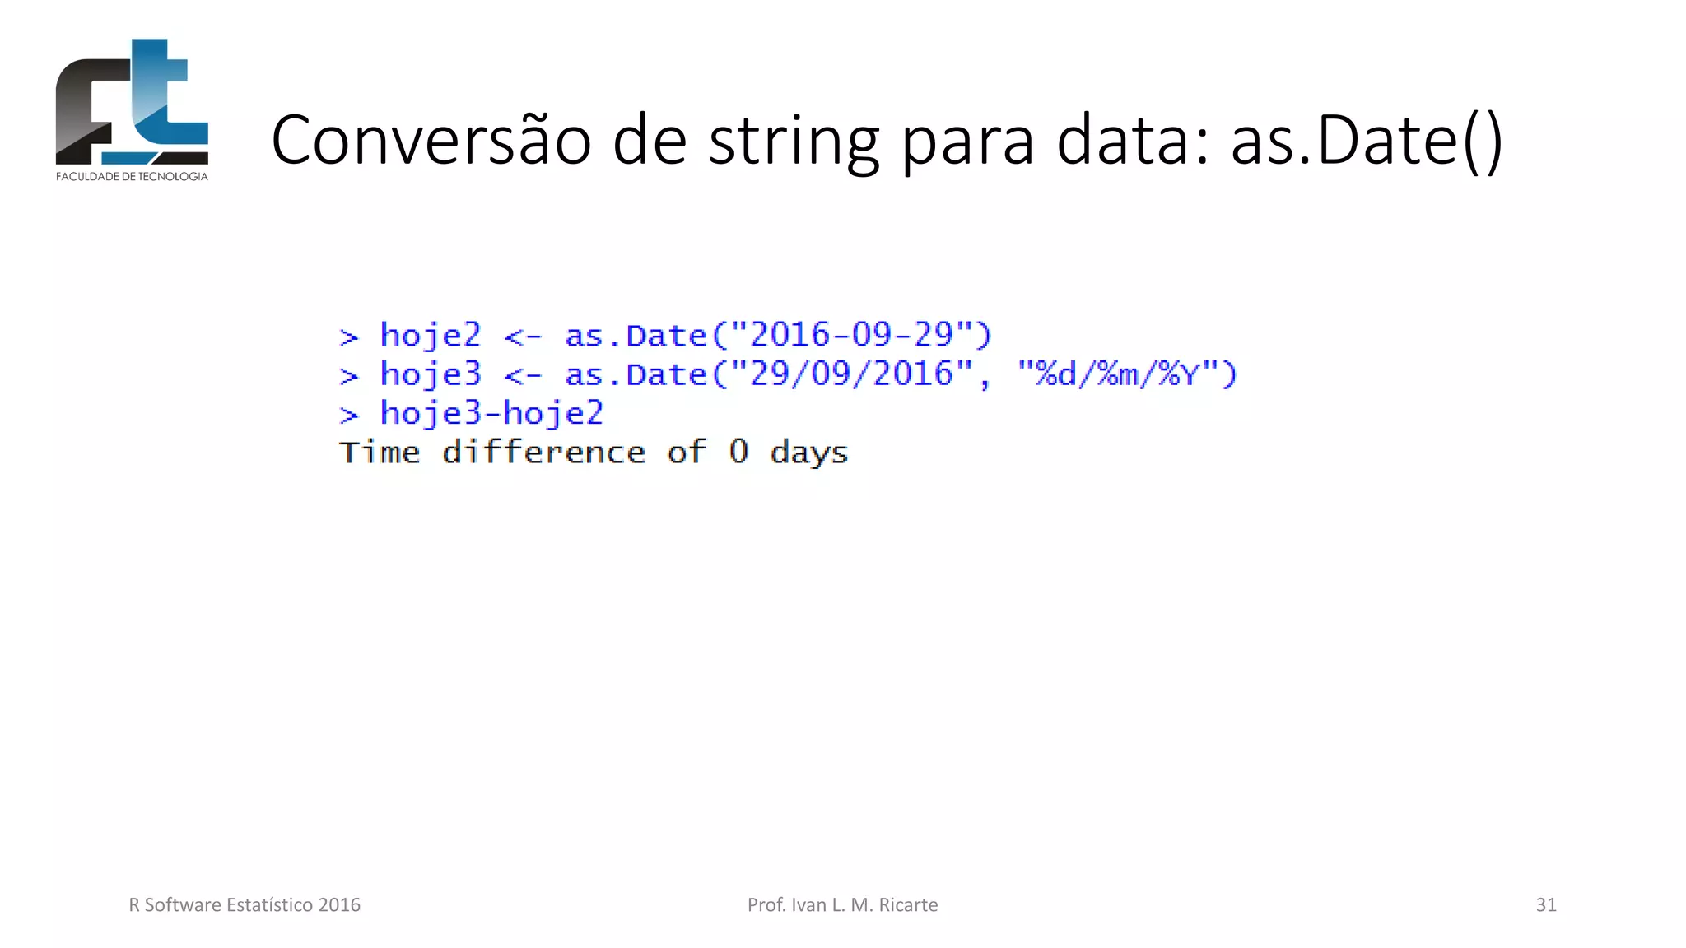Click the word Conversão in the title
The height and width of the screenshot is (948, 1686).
pos(431,140)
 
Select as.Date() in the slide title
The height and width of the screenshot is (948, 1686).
pos(1367,140)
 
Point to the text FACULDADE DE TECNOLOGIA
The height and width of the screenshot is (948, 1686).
pos(132,176)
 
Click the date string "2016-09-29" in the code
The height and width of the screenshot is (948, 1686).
pos(851,335)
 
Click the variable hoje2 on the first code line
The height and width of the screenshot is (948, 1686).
pos(430,336)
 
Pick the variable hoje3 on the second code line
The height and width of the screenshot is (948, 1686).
pos(430,375)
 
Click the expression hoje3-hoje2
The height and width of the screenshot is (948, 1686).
pos(491,413)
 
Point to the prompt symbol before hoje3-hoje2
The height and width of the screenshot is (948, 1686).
pos(349,415)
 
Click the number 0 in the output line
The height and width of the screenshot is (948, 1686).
pos(738,452)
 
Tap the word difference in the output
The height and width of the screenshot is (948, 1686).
pos(543,452)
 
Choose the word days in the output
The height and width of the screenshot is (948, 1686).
pos(809,453)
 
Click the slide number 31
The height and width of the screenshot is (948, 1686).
pos(1546,904)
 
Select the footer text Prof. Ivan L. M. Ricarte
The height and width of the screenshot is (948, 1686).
pos(842,904)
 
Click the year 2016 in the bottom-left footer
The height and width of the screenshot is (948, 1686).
pos(339,904)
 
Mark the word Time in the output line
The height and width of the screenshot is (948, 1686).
pos(380,452)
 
